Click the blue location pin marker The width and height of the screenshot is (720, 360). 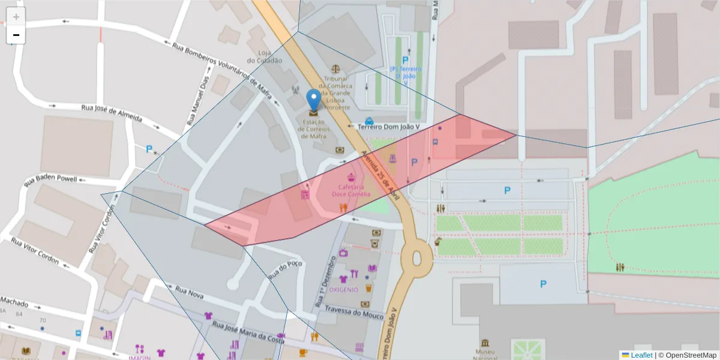coord(313,100)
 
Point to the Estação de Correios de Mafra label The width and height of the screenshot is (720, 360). coord(313,128)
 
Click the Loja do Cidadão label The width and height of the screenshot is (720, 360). coord(264,56)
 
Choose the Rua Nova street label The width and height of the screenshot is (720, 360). coord(190,293)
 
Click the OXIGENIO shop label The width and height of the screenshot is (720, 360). coord(344,289)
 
